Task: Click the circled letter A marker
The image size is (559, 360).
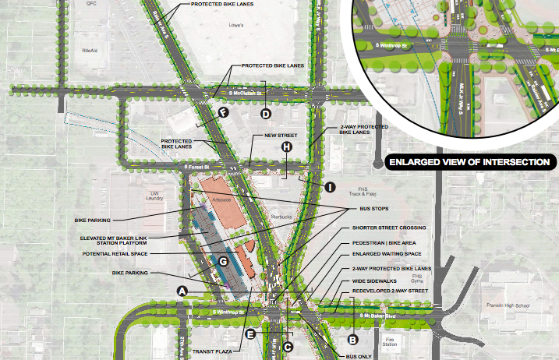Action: pos(183,290)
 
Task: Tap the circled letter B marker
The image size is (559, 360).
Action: pos(352,339)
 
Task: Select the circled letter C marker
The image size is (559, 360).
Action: pos(288,347)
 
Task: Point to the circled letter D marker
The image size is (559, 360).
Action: pos(265,115)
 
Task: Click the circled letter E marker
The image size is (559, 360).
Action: pos(250,334)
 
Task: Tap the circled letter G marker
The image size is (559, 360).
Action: pos(223,261)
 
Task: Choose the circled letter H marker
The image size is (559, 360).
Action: pos(286,146)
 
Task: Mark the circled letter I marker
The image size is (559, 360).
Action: pos(331,187)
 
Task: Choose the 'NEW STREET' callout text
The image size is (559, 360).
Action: pos(281,135)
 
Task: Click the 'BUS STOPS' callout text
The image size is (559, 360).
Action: pos(363,210)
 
